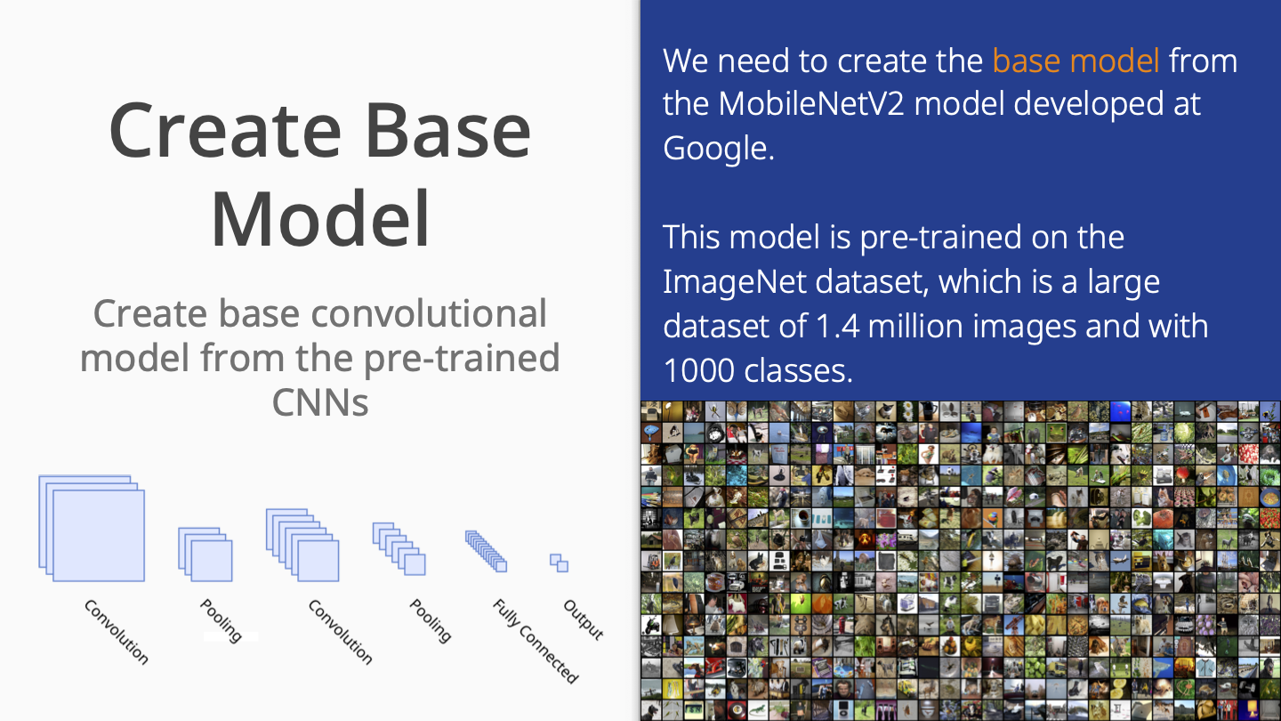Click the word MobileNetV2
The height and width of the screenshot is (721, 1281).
pos(811,104)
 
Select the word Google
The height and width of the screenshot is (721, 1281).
pos(718,149)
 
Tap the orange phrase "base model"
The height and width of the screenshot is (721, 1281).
pos(1076,61)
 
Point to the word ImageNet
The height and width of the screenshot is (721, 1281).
pos(736,281)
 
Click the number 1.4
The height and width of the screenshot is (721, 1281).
pos(837,326)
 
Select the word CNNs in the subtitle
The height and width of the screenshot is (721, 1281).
pos(320,403)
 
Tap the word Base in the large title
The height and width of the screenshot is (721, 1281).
pos(448,130)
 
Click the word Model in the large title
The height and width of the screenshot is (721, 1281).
pos(320,219)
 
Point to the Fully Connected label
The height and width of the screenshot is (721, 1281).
pos(536,641)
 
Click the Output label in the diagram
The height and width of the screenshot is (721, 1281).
pos(584,620)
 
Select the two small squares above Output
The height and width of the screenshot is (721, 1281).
pos(560,563)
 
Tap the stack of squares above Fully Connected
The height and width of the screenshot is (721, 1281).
pos(486,551)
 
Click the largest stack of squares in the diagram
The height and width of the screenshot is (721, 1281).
pos(92,528)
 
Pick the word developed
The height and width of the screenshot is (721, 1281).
pos(1089,105)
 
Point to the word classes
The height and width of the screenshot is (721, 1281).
pos(798,371)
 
